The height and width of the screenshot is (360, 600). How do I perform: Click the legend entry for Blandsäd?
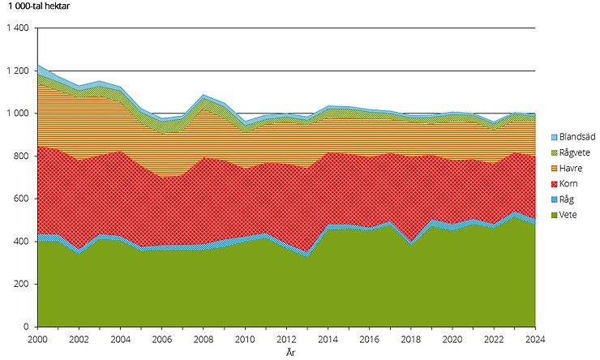576,137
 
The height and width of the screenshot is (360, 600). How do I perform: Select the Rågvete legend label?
574,152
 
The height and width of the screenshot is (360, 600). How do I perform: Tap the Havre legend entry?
571,168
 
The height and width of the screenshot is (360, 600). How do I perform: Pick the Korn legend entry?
569,183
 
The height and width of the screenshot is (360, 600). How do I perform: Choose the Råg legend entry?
568,199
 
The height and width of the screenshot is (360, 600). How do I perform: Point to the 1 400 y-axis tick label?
17,28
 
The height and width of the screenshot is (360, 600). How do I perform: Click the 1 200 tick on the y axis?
17,71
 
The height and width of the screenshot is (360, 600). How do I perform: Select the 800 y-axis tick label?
21,156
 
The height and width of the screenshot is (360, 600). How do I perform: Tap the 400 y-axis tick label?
21,242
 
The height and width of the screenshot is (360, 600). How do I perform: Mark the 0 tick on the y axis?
27,327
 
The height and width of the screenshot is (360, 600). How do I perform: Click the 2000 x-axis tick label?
37,340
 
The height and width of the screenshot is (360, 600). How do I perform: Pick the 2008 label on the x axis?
204,340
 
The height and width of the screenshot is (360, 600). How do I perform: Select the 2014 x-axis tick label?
328,340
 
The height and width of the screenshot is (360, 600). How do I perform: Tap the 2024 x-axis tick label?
536,340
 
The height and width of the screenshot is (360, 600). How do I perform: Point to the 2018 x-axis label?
411,340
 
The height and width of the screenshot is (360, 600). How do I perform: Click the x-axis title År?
289,353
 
